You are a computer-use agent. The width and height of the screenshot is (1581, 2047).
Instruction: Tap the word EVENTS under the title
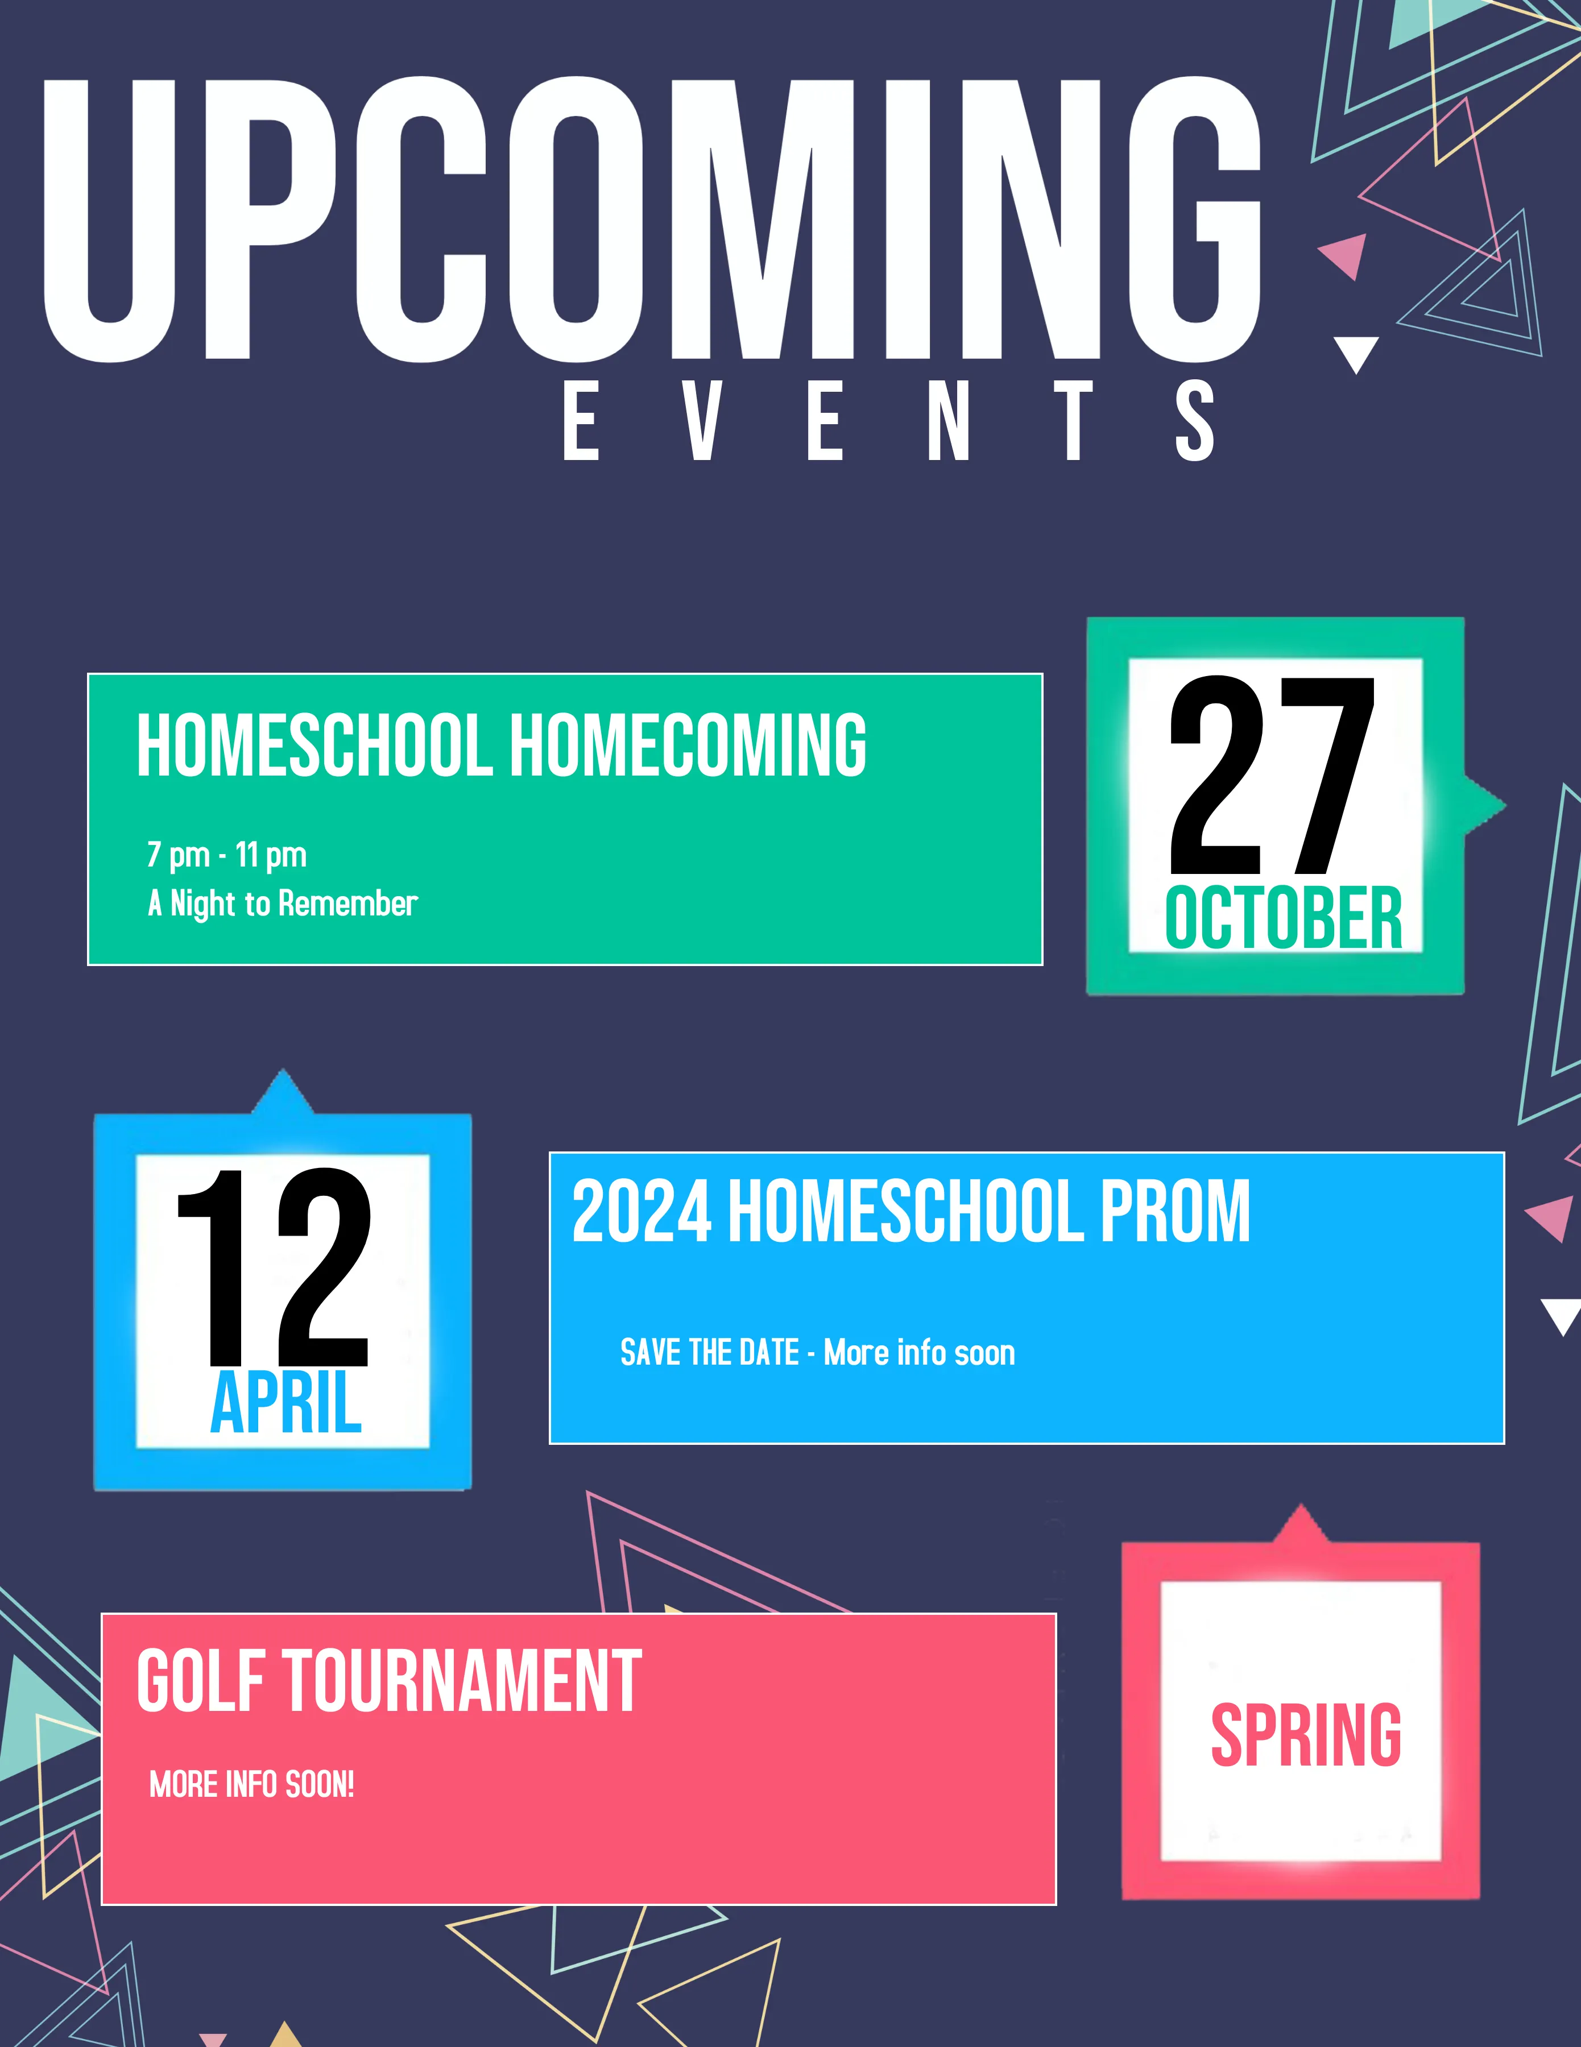click(888, 420)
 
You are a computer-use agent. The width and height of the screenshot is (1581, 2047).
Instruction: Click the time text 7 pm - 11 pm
click(227, 855)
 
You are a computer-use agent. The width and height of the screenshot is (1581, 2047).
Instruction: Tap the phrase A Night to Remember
click(282, 904)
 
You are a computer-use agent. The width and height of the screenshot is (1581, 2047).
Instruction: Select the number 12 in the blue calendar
click(274, 1266)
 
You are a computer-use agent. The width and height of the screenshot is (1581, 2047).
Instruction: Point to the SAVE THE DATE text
click(709, 1353)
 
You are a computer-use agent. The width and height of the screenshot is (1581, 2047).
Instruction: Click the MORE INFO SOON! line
click(252, 1784)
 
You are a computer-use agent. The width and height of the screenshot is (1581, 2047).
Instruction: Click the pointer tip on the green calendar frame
click(1505, 804)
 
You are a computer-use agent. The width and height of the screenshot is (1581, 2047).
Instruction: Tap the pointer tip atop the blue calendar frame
click(282, 1070)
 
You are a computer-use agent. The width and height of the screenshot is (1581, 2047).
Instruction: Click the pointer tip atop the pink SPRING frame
click(1300, 1505)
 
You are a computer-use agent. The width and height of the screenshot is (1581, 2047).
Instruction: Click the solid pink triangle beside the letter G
click(1346, 255)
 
